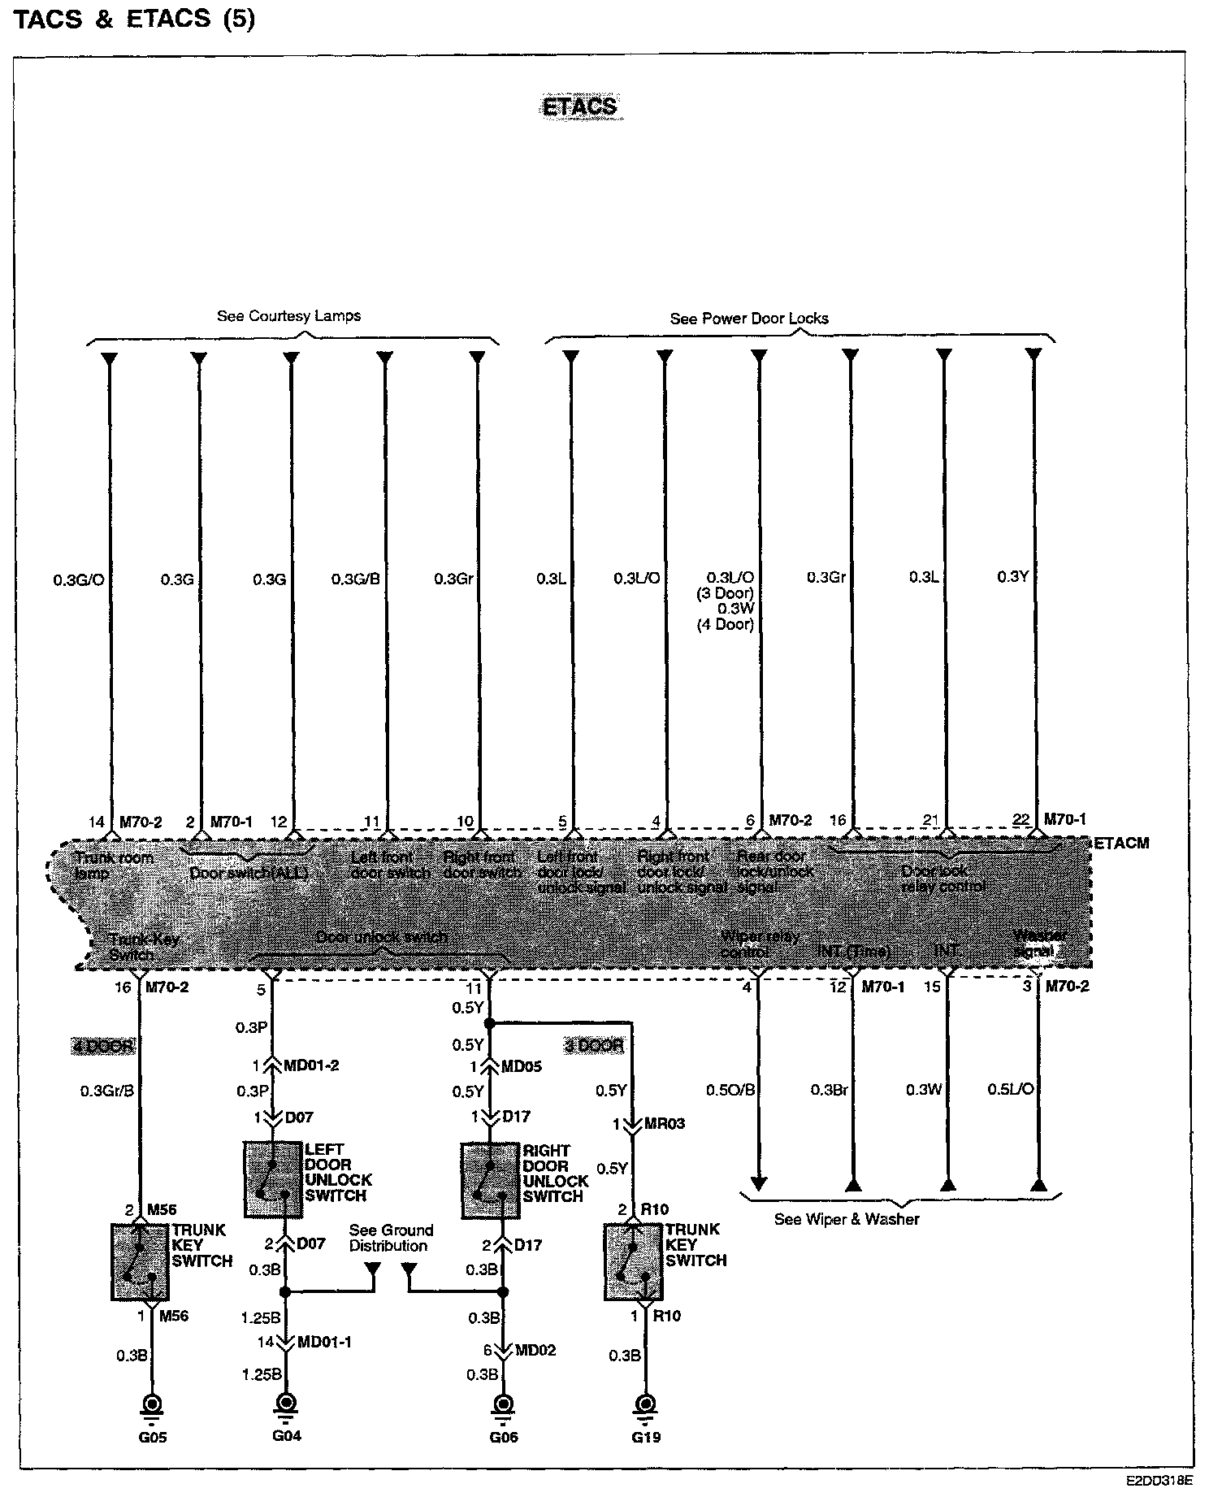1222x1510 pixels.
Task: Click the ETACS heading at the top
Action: [x=579, y=106]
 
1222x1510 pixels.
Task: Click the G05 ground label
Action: [x=152, y=1437]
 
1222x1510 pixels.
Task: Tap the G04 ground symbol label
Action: [x=286, y=1435]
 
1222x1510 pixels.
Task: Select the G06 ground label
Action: [x=504, y=1437]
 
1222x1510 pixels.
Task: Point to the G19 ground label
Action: [x=646, y=1437]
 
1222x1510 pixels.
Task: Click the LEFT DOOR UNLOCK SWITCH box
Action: [x=273, y=1179]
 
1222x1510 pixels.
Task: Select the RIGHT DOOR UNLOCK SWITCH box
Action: [x=490, y=1180]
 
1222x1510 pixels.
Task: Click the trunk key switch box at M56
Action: [x=139, y=1261]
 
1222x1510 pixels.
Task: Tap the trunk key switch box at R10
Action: [x=633, y=1261]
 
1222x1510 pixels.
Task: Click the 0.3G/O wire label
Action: [x=79, y=580]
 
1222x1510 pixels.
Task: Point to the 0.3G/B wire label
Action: [x=355, y=579]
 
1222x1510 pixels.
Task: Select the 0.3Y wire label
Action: [x=1013, y=576]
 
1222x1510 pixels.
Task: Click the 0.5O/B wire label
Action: [x=731, y=1089]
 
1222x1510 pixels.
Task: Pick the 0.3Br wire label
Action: [x=829, y=1089]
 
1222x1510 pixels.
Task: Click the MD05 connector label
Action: [x=522, y=1066]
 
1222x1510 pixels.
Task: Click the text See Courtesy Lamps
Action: [x=288, y=316]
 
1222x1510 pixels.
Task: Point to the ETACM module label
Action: [x=1121, y=843]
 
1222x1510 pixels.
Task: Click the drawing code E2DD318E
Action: [x=1159, y=1480]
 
